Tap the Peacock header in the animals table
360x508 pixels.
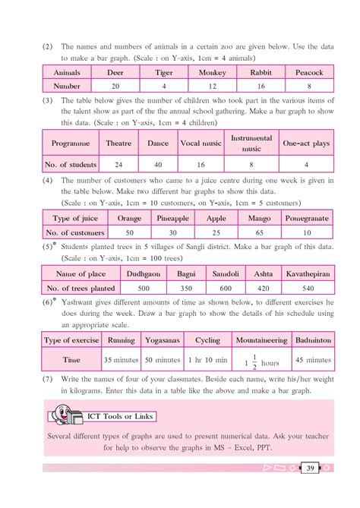309,73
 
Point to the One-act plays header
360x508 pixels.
307,143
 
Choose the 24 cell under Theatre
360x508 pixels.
118,164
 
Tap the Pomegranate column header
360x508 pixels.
307,217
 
